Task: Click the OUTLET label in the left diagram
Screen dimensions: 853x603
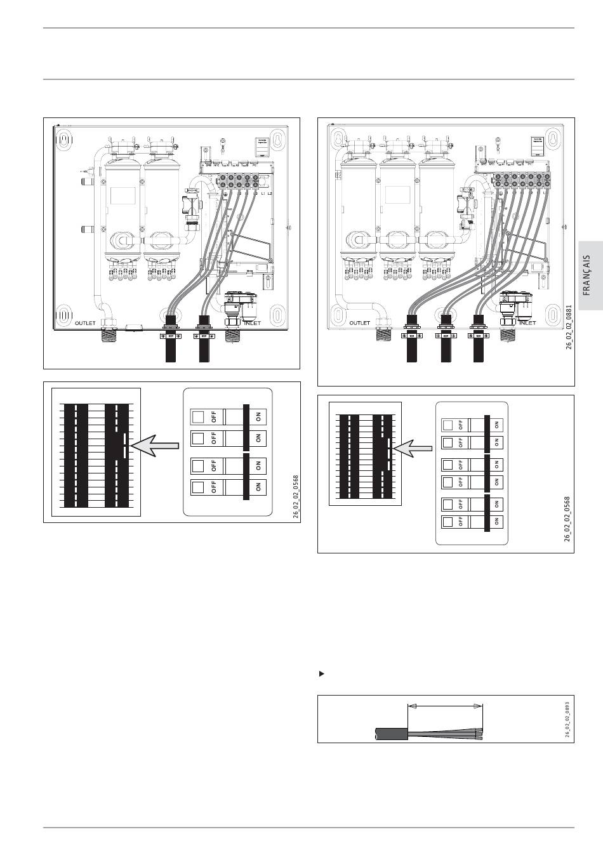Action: pos(85,323)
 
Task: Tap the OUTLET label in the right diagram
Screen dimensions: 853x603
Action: pos(359,323)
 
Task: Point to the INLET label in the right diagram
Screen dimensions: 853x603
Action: pos(527,323)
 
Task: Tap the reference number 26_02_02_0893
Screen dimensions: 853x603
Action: pos(566,717)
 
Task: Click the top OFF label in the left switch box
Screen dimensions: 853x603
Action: pos(214,417)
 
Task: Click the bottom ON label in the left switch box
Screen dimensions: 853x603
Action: pos(258,487)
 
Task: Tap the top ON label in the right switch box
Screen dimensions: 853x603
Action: pos(497,424)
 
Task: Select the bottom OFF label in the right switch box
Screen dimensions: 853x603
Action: pos(460,522)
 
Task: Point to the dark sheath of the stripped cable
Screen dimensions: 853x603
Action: pos(390,734)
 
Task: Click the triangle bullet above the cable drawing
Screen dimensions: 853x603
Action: pos(321,673)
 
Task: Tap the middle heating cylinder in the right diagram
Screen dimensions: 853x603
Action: pos(398,203)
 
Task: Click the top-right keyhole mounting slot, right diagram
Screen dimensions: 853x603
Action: pos(552,138)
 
